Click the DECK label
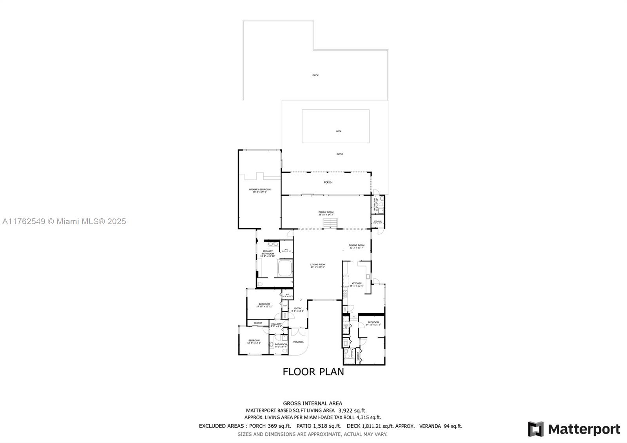[x=315, y=75]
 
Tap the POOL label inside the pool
[x=339, y=131]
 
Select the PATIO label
[x=340, y=154]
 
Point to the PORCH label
[x=328, y=182]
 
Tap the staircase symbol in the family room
[x=330, y=223]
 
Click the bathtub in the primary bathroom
[x=285, y=269]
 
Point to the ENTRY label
[x=298, y=309]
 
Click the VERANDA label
[x=298, y=342]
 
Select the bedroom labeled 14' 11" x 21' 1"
[x=373, y=323]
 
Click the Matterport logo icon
[x=535, y=429]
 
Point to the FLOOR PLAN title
[x=313, y=372]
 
